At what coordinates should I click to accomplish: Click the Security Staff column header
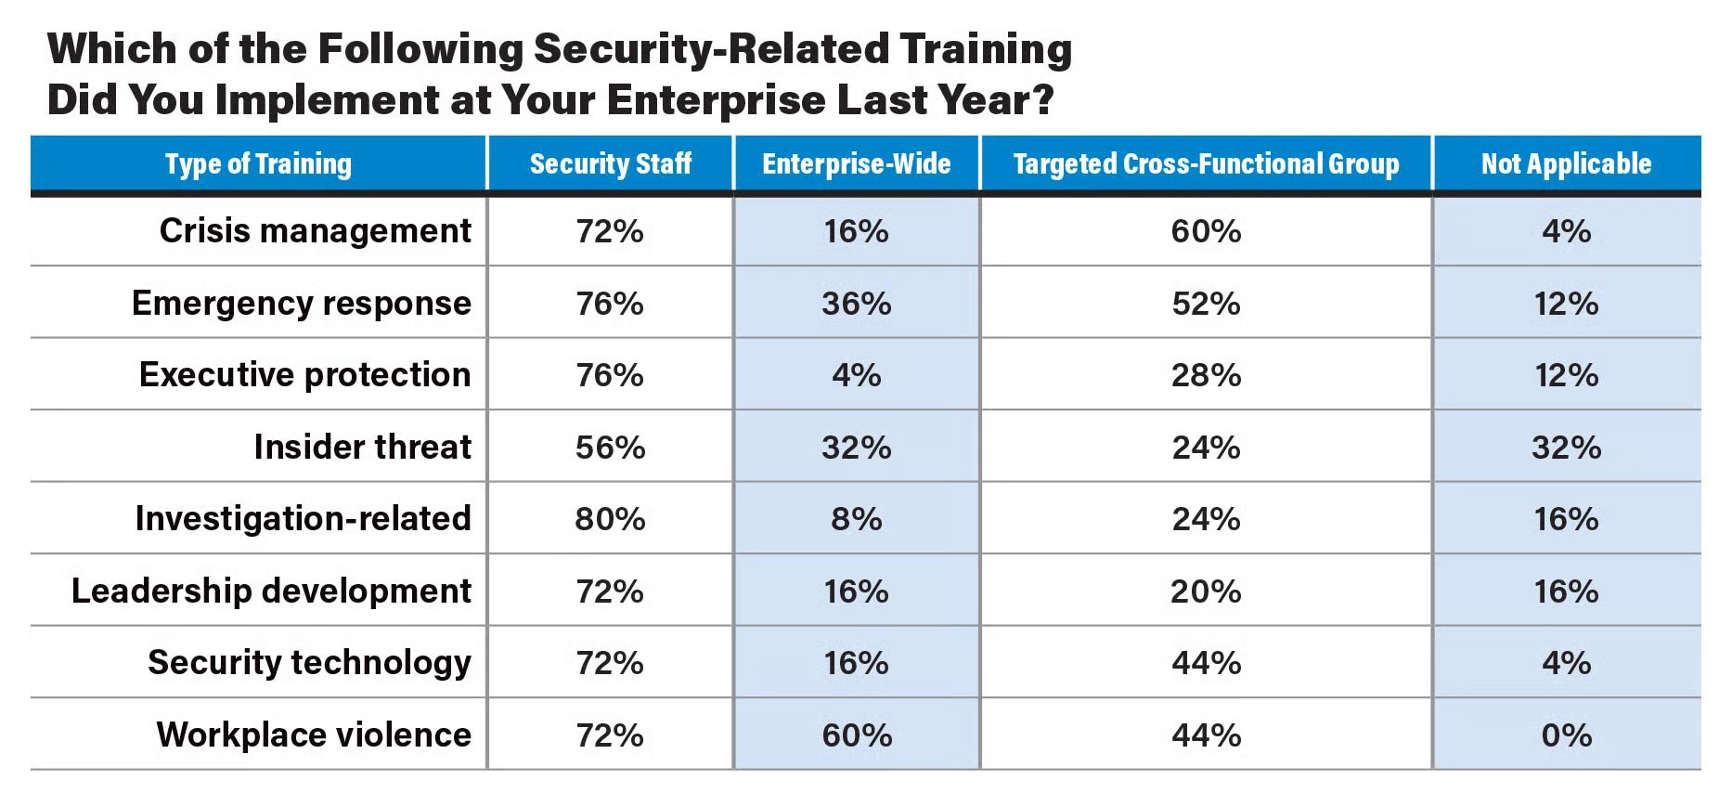pos(610,164)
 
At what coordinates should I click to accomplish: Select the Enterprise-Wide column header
pos(856,164)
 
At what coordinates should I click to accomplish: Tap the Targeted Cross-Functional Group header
pos(1206,164)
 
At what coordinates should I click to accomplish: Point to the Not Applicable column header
pos(1566,164)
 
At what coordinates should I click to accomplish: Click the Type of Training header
pos(258,164)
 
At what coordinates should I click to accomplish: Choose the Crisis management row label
pos(315,230)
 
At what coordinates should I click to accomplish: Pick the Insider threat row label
pos(362,447)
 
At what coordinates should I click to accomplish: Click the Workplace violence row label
pos(314,734)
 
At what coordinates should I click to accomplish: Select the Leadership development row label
pos(271,591)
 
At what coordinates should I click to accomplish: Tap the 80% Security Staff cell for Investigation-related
pos(610,519)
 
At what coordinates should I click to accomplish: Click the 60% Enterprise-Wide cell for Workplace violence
pos(856,735)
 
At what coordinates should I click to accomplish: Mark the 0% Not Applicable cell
pos(1566,735)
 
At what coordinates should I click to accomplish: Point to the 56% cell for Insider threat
pos(610,448)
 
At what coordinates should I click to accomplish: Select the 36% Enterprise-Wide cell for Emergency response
pos(856,304)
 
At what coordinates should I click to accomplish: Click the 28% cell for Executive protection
pos(1206,375)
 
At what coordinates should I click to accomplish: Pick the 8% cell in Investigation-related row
pos(856,519)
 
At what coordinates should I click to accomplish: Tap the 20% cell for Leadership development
pos(1206,591)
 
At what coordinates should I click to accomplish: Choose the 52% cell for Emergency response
pos(1206,304)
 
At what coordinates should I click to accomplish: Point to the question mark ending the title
pos(1043,100)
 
